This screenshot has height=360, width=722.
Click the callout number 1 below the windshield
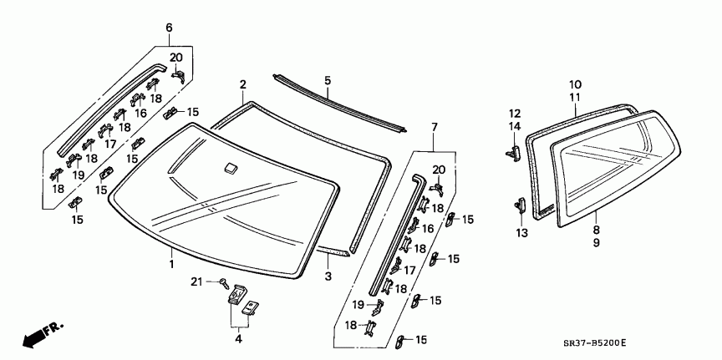(x=171, y=264)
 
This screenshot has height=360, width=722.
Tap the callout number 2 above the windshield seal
(x=242, y=84)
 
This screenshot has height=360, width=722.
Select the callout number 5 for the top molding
(x=328, y=80)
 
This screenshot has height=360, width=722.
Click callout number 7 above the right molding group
(x=434, y=127)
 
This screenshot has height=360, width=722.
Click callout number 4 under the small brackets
(x=238, y=338)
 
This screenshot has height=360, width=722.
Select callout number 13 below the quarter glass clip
(x=521, y=233)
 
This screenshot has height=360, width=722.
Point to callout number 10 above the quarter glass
(x=575, y=84)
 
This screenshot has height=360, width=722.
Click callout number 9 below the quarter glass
(x=596, y=241)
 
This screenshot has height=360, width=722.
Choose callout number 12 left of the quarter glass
(x=515, y=113)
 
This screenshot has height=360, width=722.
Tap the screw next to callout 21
(x=225, y=281)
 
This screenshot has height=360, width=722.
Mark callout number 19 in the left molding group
(x=78, y=175)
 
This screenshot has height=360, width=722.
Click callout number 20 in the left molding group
(x=175, y=57)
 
